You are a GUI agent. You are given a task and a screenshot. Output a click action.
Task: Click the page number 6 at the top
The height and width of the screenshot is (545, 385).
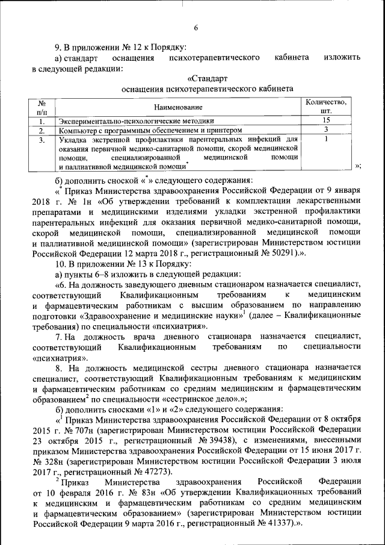click(x=196, y=28)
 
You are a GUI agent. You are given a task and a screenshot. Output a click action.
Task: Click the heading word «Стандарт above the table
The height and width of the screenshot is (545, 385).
click(x=208, y=78)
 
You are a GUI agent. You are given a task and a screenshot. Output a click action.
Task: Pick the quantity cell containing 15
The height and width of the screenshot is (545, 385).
click(x=325, y=120)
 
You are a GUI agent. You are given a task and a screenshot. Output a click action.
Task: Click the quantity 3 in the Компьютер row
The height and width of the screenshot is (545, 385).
click(x=325, y=129)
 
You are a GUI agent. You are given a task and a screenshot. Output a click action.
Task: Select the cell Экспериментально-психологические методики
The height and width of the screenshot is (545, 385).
click(x=135, y=121)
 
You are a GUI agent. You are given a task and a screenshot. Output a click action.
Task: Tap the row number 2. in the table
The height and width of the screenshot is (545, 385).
click(x=42, y=130)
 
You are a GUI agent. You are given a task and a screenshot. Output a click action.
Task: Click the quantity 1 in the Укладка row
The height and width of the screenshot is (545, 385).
click(x=325, y=139)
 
